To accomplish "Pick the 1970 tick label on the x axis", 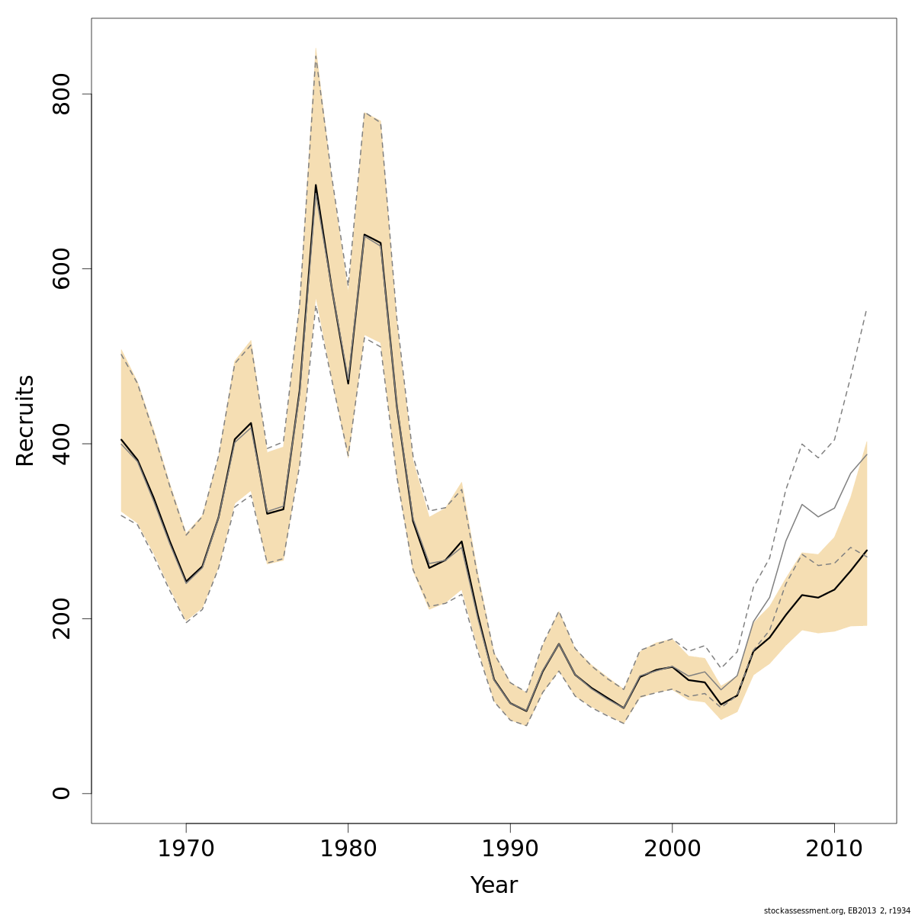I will [186, 849].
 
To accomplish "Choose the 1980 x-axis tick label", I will [348, 849].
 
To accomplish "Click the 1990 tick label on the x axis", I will [510, 849].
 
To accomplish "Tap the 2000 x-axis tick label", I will [673, 849].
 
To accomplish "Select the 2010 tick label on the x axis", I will [834, 849].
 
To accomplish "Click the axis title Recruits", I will [25, 420].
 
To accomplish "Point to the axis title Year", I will [494, 885].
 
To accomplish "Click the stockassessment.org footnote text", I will [837, 910].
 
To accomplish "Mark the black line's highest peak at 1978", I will [316, 185].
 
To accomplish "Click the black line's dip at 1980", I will [348, 384].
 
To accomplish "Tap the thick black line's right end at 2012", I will [867, 551].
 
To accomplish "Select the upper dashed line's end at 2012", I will [867, 310].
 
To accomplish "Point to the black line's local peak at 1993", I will [559, 644].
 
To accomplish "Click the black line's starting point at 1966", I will [121, 439].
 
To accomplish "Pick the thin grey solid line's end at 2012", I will [867, 454].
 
